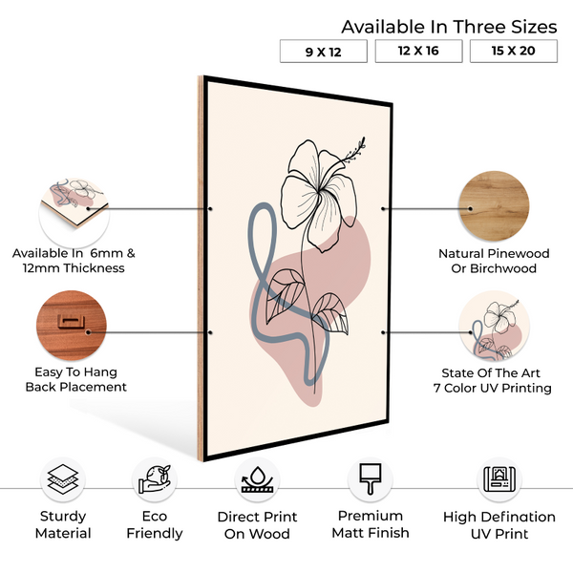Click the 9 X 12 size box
[324, 52]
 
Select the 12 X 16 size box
[419, 51]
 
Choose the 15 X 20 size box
[514, 51]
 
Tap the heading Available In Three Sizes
[449, 27]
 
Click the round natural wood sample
[494, 205]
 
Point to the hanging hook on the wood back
[71, 321]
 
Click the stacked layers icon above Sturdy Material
[63, 479]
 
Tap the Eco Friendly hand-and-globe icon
[155, 479]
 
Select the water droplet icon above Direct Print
[257, 479]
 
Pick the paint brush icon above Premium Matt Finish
[371, 479]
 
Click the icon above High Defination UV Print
[499, 479]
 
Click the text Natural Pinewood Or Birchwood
[494, 261]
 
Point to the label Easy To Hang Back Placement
[76, 379]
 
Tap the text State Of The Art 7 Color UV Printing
[492, 380]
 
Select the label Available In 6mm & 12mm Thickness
[74, 261]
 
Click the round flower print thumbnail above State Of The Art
[494, 326]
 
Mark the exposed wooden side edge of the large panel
[201, 268]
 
